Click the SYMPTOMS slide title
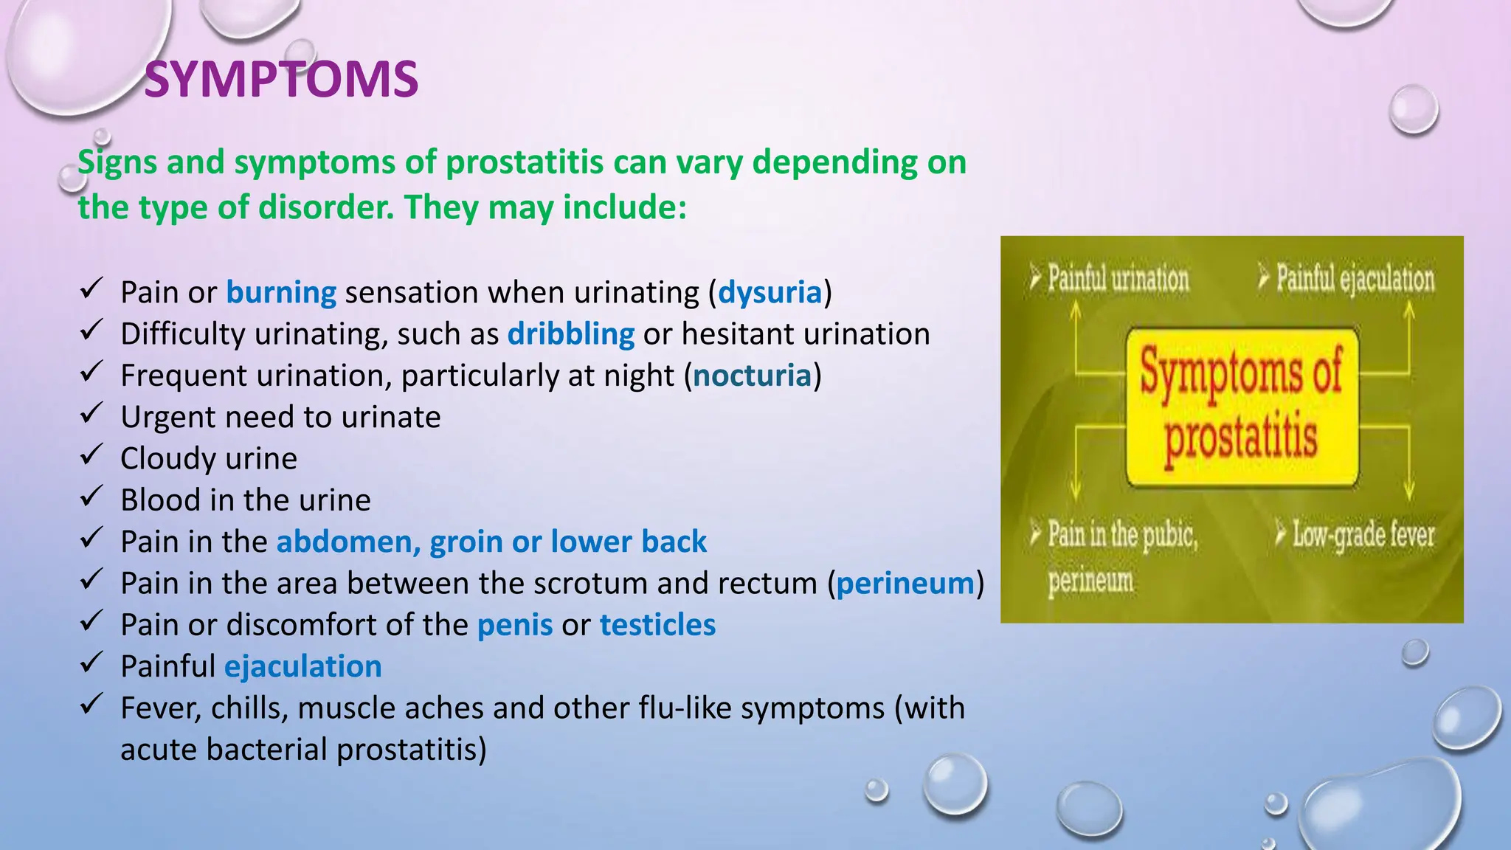click(x=281, y=80)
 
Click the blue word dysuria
click(x=770, y=292)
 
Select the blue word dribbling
click(x=570, y=334)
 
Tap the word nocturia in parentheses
click(x=751, y=376)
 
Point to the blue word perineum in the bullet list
click(x=905, y=584)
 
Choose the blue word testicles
click(x=657, y=625)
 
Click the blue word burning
click(x=281, y=292)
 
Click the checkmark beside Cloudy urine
click(x=90, y=455)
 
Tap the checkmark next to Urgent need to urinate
click(x=90, y=414)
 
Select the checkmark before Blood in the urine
click(x=90, y=497)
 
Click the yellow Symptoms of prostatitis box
click(x=1242, y=407)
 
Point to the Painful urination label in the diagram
click(x=1117, y=279)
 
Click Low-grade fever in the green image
click(x=1362, y=534)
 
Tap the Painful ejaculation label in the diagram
click(x=1355, y=279)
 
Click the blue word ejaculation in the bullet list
click(x=302, y=666)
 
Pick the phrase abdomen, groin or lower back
click(x=491, y=542)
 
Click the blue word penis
click(x=514, y=625)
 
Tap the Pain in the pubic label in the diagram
click(x=1121, y=534)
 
